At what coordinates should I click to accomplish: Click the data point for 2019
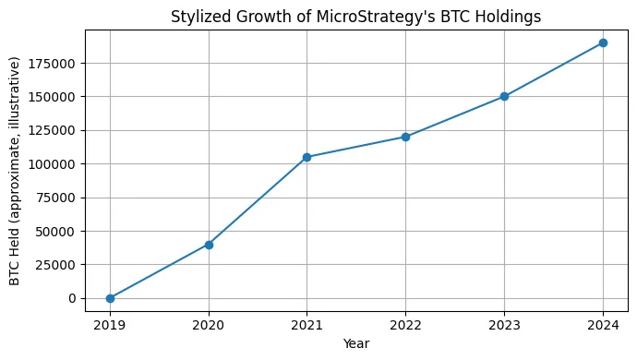(x=110, y=298)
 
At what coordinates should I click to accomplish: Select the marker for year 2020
(x=209, y=245)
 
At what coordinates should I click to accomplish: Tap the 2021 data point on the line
(x=307, y=157)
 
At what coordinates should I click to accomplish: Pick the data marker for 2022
(x=405, y=137)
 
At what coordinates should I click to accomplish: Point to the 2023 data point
(x=504, y=96)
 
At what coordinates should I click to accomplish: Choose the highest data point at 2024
(x=603, y=42)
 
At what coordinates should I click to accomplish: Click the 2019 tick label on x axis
(x=110, y=324)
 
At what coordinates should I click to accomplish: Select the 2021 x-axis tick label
(x=307, y=324)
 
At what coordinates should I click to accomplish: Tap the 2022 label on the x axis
(x=405, y=324)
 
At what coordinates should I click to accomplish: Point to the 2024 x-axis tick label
(x=603, y=324)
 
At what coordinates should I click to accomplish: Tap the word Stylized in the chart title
(x=200, y=16)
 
